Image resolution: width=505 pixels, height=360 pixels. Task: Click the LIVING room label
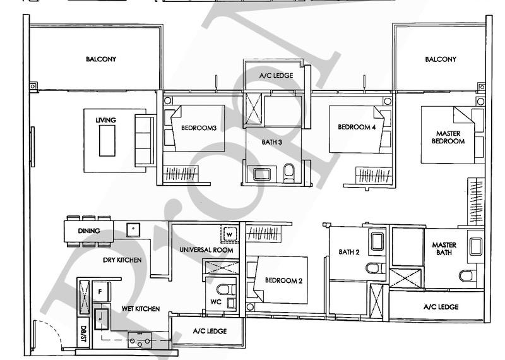click(102, 120)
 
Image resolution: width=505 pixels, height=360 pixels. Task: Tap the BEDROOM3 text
click(199, 128)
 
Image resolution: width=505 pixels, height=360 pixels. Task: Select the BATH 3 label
click(272, 142)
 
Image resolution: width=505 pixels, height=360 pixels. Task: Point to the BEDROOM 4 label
click(356, 128)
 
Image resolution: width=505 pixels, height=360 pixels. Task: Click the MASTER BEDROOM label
click(449, 137)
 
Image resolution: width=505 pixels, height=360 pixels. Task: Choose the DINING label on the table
click(88, 231)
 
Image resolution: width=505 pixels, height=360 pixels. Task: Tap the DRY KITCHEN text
click(122, 260)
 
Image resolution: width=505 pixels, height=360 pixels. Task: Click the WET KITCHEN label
click(140, 309)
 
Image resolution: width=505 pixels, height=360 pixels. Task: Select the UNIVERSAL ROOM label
click(206, 250)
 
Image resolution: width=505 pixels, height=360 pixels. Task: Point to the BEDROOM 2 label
click(282, 280)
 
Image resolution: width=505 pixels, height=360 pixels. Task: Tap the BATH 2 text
click(348, 252)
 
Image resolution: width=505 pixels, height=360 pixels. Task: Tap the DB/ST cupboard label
click(83, 333)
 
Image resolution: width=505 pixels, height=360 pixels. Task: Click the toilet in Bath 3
click(289, 172)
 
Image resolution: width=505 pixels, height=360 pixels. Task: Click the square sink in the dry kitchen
click(134, 229)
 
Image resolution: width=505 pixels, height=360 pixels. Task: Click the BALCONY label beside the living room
click(102, 59)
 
